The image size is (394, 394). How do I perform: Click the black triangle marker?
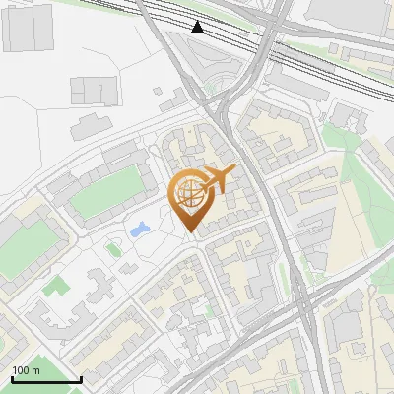click(x=198, y=27)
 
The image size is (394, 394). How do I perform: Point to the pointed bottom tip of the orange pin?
click(x=192, y=232)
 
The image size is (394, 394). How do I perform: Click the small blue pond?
click(x=139, y=230)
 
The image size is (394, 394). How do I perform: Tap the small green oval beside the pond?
click(x=114, y=249)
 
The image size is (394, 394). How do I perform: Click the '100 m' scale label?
click(x=26, y=370)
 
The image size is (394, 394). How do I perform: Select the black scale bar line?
click(x=45, y=379)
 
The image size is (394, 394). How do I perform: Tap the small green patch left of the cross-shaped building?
click(x=58, y=286)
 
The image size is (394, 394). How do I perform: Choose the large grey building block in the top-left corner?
click(x=27, y=28)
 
